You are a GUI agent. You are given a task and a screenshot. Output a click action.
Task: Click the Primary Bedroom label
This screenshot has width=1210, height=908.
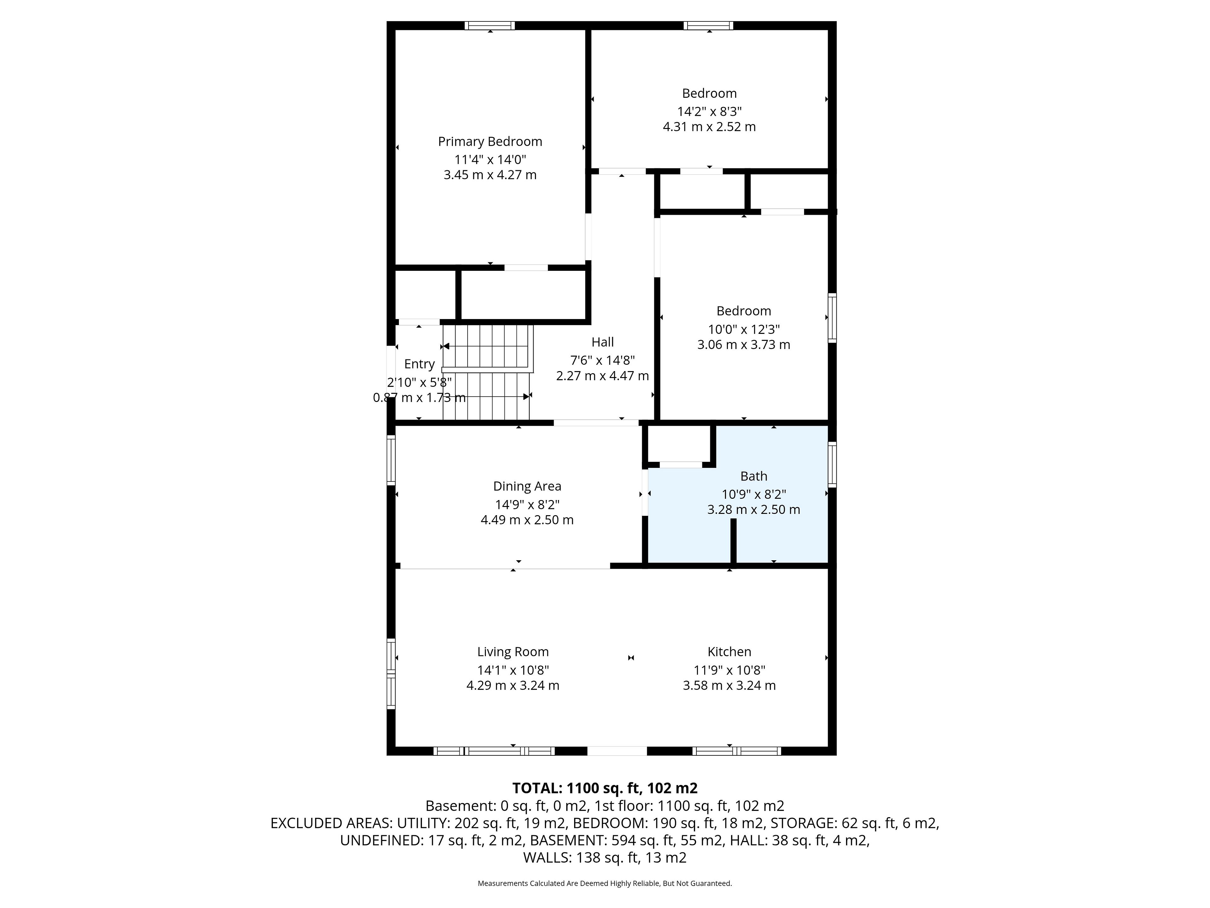tap(490, 142)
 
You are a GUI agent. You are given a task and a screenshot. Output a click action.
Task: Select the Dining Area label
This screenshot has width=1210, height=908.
tap(527, 486)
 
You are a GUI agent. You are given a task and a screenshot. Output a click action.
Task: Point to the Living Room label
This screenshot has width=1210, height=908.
tap(513, 652)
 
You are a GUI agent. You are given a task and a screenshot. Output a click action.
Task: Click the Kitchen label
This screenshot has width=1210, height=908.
tap(729, 652)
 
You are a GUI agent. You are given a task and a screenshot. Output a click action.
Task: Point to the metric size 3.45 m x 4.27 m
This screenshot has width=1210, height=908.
tap(490, 175)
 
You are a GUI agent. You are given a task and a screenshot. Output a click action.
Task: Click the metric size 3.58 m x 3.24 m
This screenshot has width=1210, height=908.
tap(729, 685)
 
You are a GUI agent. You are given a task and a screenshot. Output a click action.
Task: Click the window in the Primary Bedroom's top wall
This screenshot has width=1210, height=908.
tap(490, 25)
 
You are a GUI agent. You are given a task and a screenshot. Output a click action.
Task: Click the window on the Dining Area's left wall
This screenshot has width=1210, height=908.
tap(390, 460)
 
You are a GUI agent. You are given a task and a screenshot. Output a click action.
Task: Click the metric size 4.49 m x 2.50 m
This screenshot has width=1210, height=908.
tap(527, 520)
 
